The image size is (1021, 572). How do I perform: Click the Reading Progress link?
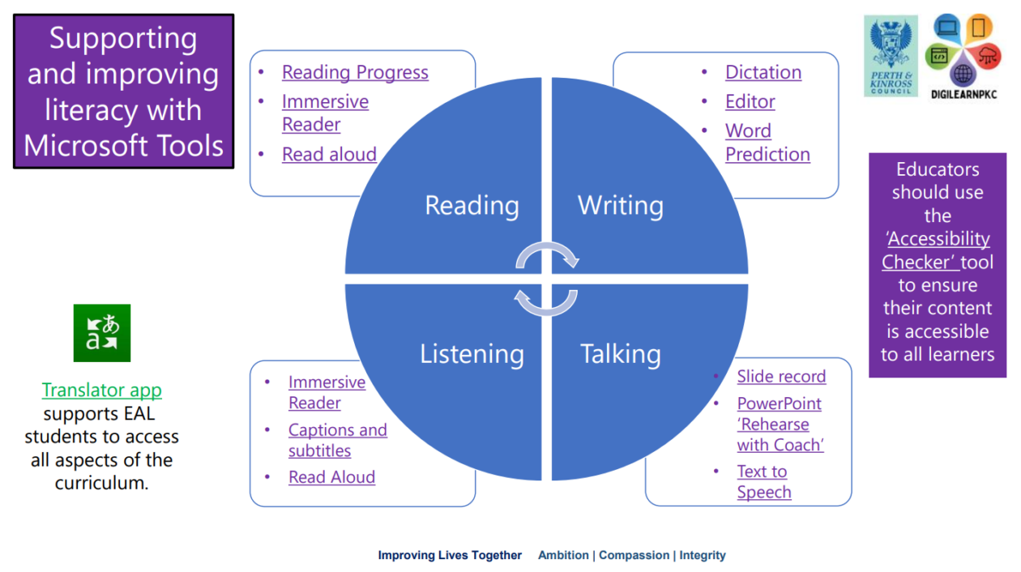(x=355, y=72)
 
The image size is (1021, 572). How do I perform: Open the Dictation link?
(x=763, y=72)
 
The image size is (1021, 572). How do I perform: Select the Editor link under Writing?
(x=750, y=101)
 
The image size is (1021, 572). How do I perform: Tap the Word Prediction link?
(x=767, y=143)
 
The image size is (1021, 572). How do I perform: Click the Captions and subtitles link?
(x=337, y=440)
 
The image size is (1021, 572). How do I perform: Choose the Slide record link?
(x=781, y=376)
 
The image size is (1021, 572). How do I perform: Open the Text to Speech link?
(x=763, y=481)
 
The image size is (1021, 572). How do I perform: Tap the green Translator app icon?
(x=102, y=333)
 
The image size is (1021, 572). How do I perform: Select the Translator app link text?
(x=102, y=390)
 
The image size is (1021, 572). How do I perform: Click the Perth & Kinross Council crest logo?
(x=891, y=55)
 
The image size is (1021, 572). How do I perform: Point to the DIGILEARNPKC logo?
(x=963, y=55)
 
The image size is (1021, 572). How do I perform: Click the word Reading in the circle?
(x=472, y=205)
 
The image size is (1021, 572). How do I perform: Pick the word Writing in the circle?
(x=621, y=205)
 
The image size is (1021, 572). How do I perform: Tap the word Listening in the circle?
(x=472, y=354)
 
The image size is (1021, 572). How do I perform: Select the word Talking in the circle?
(x=621, y=354)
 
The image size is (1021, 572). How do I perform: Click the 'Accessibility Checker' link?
(x=938, y=250)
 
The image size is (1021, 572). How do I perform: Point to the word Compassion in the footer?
(x=634, y=555)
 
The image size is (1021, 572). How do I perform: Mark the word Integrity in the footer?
(x=702, y=555)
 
